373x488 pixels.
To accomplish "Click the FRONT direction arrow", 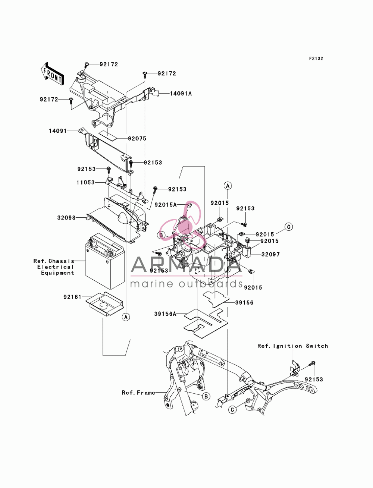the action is click(x=52, y=73).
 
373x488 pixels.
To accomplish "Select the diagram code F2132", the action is click(x=316, y=59).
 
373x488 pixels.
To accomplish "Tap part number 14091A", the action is click(x=181, y=94).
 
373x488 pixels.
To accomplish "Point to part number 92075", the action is click(x=137, y=139).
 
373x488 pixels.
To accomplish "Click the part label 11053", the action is click(x=86, y=183).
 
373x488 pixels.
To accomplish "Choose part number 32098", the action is click(x=66, y=218).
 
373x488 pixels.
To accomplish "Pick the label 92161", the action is click(x=72, y=297).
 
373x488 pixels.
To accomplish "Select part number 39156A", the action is click(x=165, y=314).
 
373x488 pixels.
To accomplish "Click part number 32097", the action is click(x=270, y=254).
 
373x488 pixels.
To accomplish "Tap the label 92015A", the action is click(x=166, y=205).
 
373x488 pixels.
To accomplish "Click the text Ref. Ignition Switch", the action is click(x=293, y=346).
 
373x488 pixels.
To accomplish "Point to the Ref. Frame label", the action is click(x=138, y=393).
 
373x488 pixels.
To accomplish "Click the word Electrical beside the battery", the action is click(x=55, y=267).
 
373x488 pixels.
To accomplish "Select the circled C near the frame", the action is click(x=232, y=409).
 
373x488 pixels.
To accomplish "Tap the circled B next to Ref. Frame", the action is click(x=206, y=396).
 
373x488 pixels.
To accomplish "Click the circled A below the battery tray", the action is click(x=126, y=317).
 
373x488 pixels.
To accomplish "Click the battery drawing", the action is click(x=105, y=261).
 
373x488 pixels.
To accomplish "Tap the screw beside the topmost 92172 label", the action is click(x=87, y=65).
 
